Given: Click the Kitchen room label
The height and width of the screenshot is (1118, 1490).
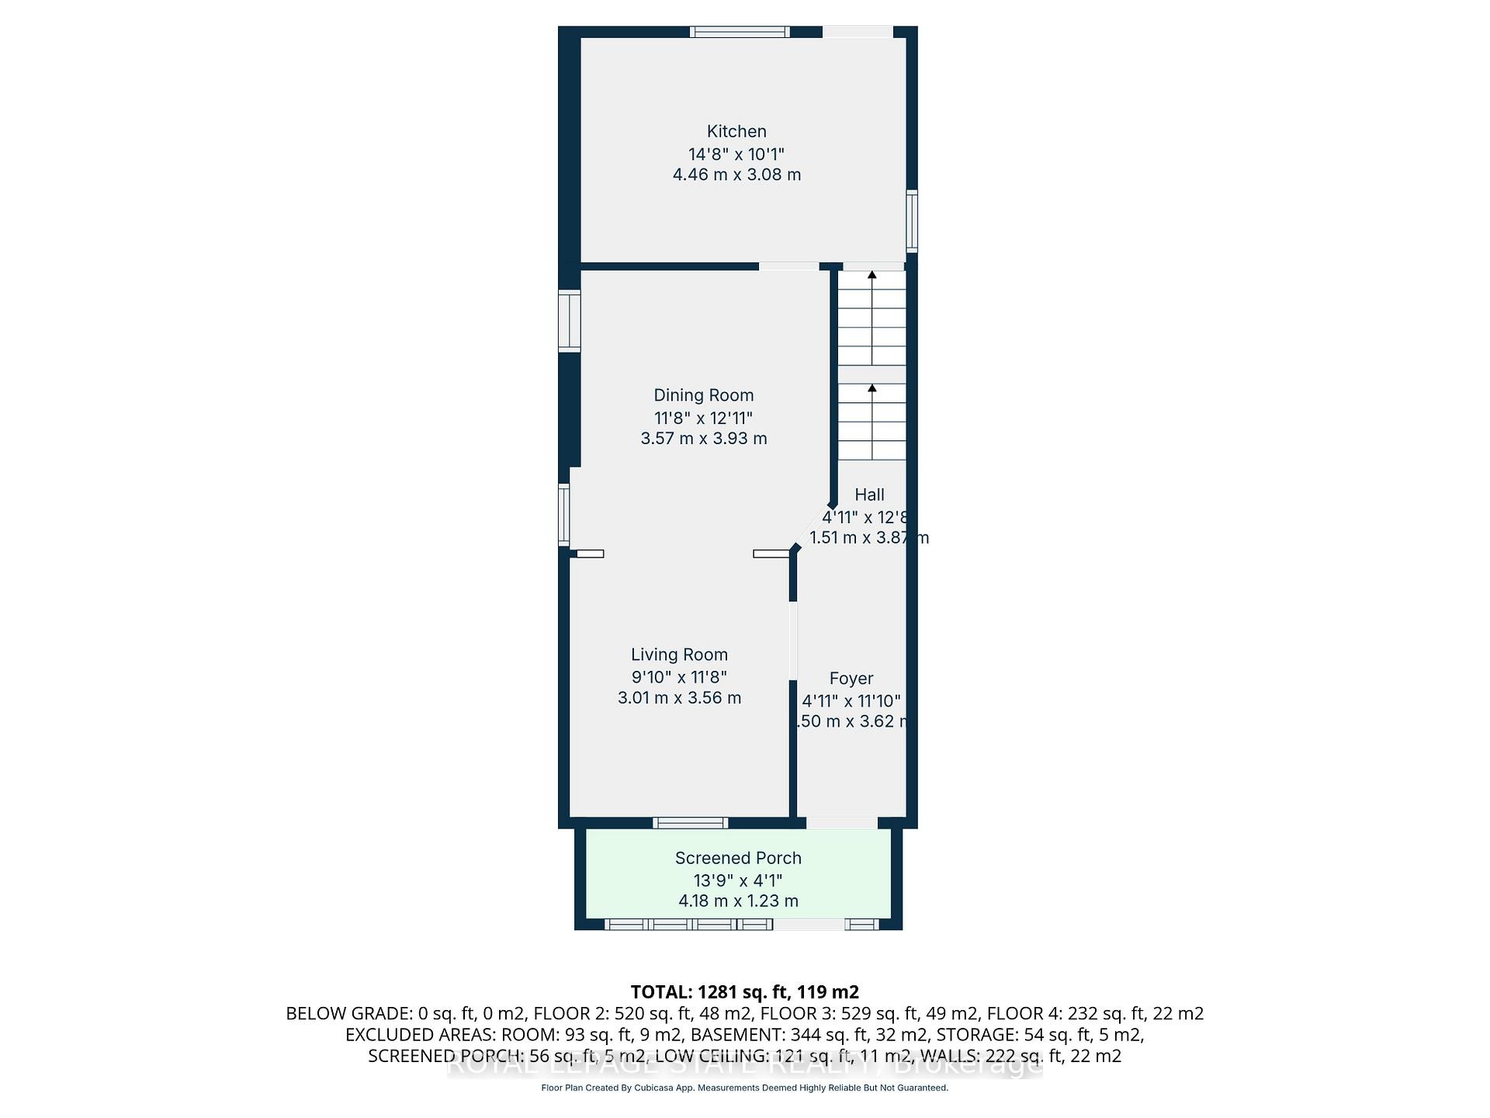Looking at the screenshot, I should pos(736,131).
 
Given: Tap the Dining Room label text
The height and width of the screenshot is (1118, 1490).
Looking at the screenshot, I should pos(703,395).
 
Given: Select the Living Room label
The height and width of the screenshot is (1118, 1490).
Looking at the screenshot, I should pos(679,654).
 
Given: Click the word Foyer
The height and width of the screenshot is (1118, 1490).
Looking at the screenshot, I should pos(851,679).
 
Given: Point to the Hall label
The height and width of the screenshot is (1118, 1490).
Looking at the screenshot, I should pos(869,495).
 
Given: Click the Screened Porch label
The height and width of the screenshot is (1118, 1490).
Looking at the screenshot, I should pos(738,858).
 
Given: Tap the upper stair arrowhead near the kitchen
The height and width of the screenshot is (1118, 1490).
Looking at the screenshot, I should pos(871,275).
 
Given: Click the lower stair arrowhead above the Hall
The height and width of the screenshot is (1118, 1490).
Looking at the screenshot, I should pos(871,388).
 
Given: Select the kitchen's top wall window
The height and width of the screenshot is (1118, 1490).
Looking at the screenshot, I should pos(740,32).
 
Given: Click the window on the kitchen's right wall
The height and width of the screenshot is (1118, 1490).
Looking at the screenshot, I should pos(912,221).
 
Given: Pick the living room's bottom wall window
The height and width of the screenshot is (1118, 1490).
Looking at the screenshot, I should pos(690,823).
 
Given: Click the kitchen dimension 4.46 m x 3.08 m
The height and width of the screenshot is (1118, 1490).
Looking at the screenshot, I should pos(736,175).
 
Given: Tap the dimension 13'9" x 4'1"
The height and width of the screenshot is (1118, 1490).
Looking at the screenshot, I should pos(738,880).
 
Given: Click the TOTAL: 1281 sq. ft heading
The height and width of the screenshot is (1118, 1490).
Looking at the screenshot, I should pos(744,991).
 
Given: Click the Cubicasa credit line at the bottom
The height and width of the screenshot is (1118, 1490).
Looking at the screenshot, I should pos(744,1088).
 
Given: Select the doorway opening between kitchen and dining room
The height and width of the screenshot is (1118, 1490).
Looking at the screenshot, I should pos(788,266).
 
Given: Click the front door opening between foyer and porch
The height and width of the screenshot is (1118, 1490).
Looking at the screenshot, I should pos(841,823).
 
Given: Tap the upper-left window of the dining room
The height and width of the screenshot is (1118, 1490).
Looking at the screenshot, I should pos(570,321).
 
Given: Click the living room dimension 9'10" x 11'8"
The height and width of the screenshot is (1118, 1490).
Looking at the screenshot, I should pos(679,677).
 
